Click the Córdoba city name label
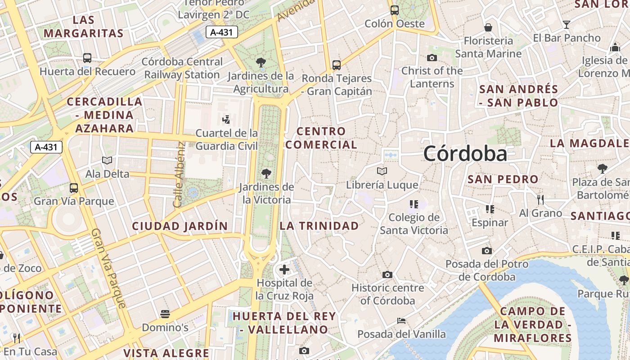(465, 154)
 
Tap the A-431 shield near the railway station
(221, 32)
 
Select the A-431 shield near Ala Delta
(46, 147)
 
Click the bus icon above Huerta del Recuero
(87, 58)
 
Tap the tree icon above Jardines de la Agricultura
(261, 62)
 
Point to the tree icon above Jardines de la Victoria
(266, 173)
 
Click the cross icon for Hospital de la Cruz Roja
(284, 270)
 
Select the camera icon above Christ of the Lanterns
(432, 58)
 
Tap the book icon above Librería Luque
(382, 171)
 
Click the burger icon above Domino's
(165, 314)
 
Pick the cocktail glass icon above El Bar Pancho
(567, 25)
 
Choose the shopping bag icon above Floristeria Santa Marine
(488, 27)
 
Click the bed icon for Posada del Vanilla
(401, 321)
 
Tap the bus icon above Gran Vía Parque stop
(74, 188)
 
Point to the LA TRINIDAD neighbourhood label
(319, 226)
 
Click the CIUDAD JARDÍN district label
(180, 226)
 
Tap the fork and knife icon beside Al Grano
(540, 199)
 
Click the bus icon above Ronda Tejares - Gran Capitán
(337, 65)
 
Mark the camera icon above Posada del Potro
(487, 251)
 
